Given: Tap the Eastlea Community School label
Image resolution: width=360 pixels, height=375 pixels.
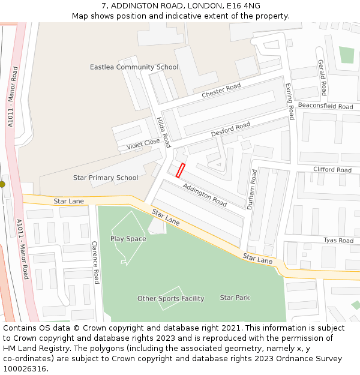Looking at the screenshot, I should point(134,67).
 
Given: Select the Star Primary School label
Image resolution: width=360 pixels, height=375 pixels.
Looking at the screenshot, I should point(106,178).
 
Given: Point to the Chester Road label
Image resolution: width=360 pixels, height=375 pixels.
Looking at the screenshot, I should point(221,91).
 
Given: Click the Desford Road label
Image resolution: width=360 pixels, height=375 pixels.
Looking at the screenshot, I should point(230,129).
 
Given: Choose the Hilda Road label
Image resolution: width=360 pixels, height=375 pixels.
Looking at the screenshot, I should point(164,132).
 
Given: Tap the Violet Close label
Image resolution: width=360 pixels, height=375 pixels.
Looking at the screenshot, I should point(143,145).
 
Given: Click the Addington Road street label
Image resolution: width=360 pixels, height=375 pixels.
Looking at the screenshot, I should point(205,194).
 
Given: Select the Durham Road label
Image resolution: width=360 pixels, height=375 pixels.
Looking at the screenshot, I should point(253,188).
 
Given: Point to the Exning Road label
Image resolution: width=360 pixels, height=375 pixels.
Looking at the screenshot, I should point(290,101).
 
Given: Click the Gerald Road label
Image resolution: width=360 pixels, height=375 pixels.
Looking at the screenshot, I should point(322,77).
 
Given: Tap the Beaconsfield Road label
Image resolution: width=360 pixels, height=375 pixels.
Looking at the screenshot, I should point(325,106).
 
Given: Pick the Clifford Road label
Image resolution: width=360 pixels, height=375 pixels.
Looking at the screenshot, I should point(332,170).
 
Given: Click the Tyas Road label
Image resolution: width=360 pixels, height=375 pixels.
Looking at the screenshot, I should point(338,241).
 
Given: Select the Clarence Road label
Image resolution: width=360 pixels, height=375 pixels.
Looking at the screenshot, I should point(95,262).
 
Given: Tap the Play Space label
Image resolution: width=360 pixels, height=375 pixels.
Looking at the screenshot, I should point(128,239).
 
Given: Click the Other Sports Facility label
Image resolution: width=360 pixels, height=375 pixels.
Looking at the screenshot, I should point(171,298).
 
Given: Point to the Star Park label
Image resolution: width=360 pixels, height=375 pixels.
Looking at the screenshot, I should point(235,298).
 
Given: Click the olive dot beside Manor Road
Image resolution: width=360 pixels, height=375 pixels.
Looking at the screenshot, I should point(2,185).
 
